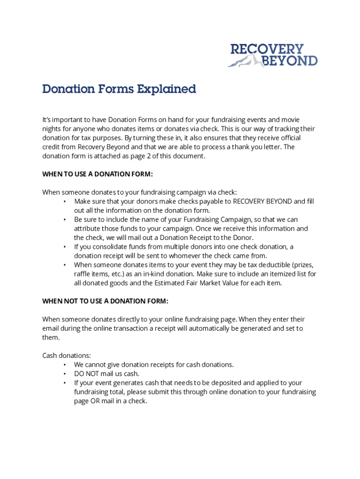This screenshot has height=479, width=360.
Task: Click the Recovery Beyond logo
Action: [x=273, y=55]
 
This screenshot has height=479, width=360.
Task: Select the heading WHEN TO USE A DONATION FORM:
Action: [x=98, y=174]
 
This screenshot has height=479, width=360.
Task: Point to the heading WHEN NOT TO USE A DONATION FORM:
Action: [x=105, y=301]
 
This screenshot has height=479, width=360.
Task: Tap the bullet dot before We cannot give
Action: [x=65, y=365]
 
